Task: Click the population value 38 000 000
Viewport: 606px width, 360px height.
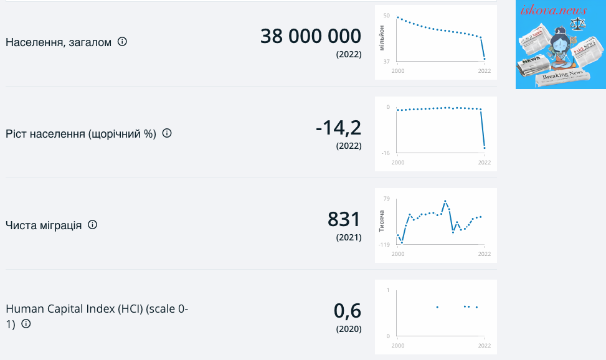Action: pyautogui.click(x=311, y=36)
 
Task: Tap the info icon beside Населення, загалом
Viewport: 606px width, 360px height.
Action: pyautogui.click(x=122, y=41)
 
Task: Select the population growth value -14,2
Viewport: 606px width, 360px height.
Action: pyautogui.click(x=339, y=128)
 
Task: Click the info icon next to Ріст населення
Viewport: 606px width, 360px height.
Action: pyautogui.click(x=167, y=133)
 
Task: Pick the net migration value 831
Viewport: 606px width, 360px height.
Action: pyautogui.click(x=344, y=219)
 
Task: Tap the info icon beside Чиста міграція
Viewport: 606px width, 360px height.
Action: pyautogui.click(x=92, y=225)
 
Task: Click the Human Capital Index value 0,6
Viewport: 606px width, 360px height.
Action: pyautogui.click(x=348, y=311)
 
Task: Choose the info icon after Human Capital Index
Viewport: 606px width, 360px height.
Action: pyautogui.click(x=26, y=324)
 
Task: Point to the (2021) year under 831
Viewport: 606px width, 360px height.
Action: pyautogui.click(x=349, y=237)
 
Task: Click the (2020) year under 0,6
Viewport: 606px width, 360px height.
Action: pyautogui.click(x=349, y=329)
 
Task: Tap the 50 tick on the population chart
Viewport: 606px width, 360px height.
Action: pyautogui.click(x=387, y=16)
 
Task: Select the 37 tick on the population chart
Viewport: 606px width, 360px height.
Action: pyautogui.click(x=387, y=62)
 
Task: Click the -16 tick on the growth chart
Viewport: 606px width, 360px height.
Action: pyautogui.click(x=386, y=153)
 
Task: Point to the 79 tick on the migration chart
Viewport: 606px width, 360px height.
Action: pyautogui.click(x=387, y=199)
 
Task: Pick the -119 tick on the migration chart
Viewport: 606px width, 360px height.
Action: pyautogui.click(x=384, y=245)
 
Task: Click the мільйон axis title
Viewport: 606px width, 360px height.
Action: pyautogui.click(x=381, y=38)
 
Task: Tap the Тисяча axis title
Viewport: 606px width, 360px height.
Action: pyautogui.click(x=381, y=221)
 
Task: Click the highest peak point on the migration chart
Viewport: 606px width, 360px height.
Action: pyautogui.click(x=445, y=201)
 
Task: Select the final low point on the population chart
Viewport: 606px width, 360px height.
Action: pyautogui.click(x=485, y=59)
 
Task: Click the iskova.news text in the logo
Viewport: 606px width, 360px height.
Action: pyautogui.click(x=554, y=10)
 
